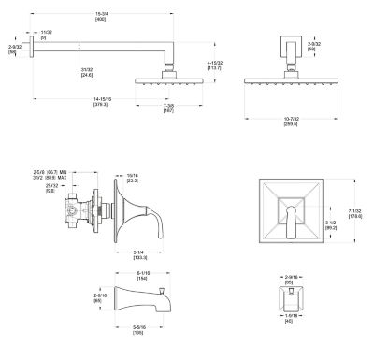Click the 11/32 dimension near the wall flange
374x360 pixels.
[47, 35]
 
